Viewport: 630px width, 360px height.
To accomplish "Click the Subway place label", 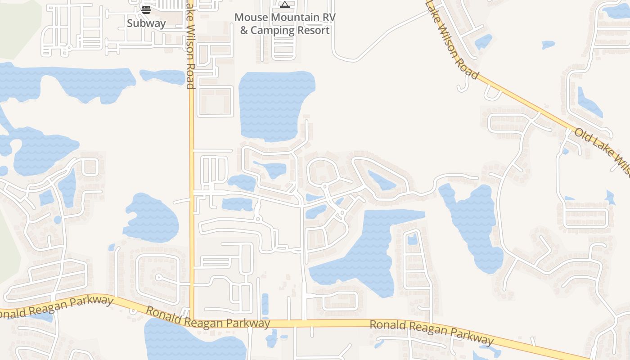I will [x=146, y=23].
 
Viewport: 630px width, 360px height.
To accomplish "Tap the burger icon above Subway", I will [x=146, y=9].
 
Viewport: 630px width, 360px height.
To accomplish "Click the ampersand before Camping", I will [x=244, y=31].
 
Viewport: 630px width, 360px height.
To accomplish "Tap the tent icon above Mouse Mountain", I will [x=284, y=5].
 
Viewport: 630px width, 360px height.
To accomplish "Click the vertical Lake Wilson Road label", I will [x=190, y=45].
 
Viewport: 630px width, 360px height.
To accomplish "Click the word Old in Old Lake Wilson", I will [x=584, y=136].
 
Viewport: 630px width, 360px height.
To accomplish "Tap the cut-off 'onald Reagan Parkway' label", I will [x=56, y=308].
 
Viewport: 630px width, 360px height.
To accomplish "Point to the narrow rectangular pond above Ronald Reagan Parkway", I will [x=265, y=304].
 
